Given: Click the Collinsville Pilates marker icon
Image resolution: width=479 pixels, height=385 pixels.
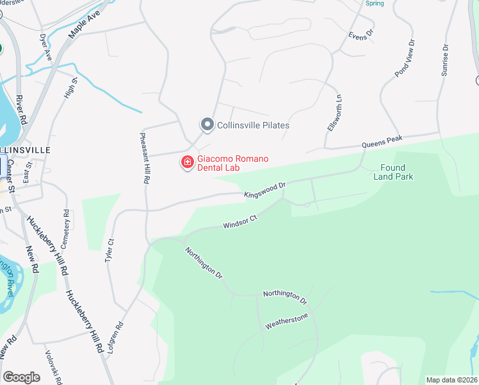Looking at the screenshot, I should click(207, 124).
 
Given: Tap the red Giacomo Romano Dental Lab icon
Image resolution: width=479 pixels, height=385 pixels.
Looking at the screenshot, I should click(188, 162).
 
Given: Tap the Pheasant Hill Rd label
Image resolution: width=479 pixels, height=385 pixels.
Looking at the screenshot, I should click(145, 158).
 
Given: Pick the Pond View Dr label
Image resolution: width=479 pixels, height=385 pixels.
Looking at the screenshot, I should click(405, 58).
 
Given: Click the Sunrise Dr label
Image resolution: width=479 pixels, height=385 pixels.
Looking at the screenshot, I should click(444, 60).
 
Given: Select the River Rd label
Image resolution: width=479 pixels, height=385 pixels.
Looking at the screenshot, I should click(22, 110).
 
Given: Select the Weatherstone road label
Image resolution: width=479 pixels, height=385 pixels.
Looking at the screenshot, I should click(287, 321).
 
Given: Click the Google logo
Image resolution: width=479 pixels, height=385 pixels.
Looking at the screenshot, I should click(21, 377).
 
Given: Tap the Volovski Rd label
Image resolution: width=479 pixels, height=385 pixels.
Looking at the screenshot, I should click(51, 366).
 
